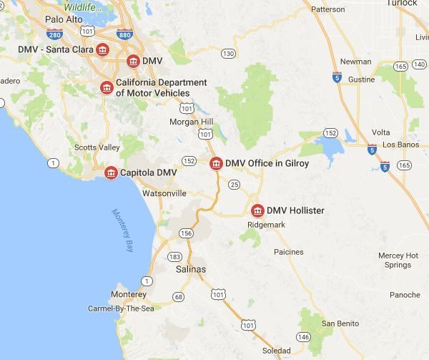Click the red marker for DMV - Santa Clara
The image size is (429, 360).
(103, 49)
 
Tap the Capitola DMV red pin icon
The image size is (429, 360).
(111, 173)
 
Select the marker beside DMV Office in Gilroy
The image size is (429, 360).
(215, 164)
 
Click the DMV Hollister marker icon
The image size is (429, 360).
(257, 210)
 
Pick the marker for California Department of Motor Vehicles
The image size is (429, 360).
(106, 87)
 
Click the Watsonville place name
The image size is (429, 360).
(164, 193)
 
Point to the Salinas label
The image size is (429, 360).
(190, 269)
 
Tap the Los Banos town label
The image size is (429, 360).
(398, 145)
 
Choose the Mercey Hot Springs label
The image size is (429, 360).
(398, 260)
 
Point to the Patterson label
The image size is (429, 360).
(328, 9)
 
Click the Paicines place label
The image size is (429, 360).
(289, 252)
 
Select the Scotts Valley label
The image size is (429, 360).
(97, 147)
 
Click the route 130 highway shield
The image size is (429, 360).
(228, 54)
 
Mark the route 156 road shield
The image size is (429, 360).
(186, 233)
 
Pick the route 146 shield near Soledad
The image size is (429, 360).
(305, 336)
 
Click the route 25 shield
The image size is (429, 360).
(234, 185)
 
